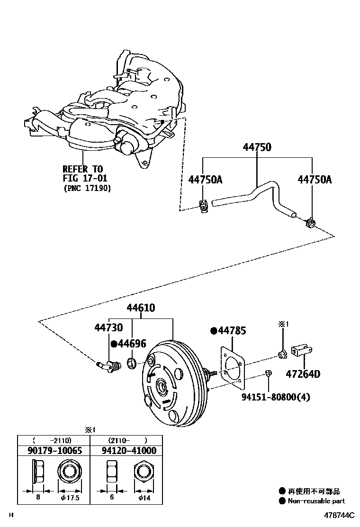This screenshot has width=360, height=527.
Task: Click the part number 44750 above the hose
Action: pos(257,147)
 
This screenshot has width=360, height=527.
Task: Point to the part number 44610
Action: pos(141,309)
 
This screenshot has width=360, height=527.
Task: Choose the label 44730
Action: pos(108,328)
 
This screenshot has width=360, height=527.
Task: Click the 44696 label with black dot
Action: pos(128,344)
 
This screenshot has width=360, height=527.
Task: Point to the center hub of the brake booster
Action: pos(162,387)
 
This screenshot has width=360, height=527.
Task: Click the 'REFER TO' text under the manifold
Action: pos(83,169)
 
